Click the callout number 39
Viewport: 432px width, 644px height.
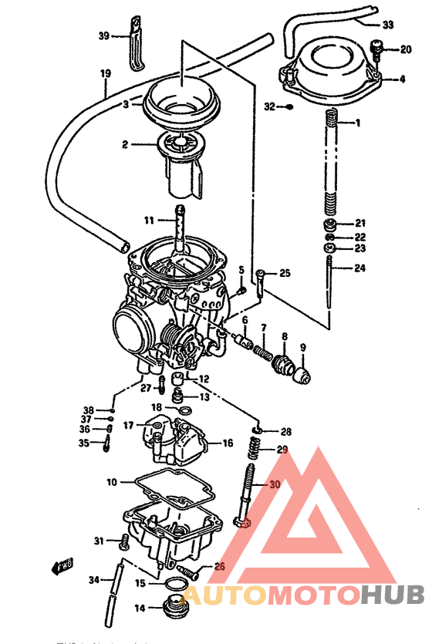104,35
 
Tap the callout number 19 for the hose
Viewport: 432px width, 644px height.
106,74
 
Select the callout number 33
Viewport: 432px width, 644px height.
387,25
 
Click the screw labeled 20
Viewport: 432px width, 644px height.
376,49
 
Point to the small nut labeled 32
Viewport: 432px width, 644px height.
289,106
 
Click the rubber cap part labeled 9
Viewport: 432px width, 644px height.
301,376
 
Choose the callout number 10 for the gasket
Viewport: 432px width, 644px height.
112,482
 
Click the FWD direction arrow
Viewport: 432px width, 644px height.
62,568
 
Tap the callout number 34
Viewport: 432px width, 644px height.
93,580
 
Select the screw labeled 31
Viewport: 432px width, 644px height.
124,544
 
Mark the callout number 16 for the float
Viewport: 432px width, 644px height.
228,443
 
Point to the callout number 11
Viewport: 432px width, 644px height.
149,219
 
